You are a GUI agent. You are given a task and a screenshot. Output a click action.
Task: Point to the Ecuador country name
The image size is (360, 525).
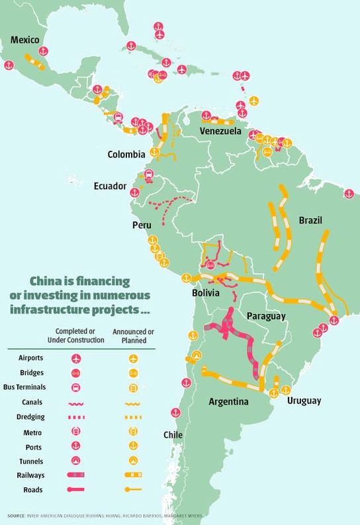coord(110,186)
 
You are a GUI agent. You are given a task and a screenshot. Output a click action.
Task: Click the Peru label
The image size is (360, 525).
coord(142,225)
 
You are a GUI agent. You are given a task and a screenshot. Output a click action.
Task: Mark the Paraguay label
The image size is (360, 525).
coord(265,316)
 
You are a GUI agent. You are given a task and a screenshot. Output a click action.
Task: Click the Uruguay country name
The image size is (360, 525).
coord(304,401)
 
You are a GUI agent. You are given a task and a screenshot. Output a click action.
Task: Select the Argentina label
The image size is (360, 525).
coord(228,402)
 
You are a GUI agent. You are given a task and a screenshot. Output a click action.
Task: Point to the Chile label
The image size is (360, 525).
coord(172,434)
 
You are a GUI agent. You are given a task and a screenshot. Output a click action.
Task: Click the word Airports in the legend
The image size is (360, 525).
coord(30,358)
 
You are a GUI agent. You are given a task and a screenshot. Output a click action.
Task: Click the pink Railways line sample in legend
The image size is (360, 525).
coord(77,475)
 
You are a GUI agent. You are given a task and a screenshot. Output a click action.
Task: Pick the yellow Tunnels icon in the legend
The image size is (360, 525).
coord(134,460)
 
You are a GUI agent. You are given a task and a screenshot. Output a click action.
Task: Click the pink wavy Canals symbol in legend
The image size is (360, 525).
coord(77,402)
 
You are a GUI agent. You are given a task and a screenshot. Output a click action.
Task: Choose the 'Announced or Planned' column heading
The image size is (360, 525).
coord(134,335)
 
